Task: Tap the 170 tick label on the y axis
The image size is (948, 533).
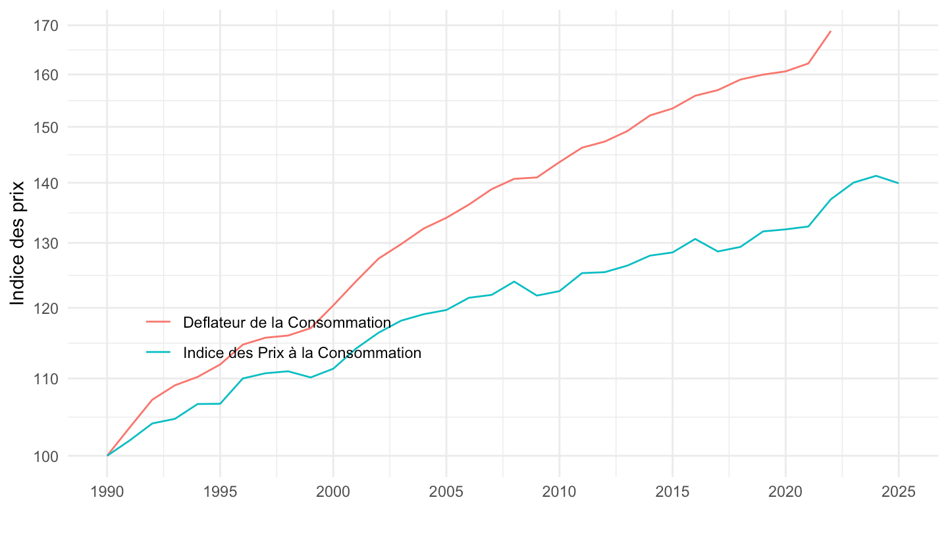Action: point(47,26)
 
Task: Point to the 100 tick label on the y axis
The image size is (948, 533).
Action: point(47,456)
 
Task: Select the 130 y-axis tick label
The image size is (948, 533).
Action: point(47,243)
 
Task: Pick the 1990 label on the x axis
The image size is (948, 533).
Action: point(107,493)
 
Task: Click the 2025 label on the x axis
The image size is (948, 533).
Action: point(899,493)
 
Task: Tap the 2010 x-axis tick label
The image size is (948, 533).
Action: point(559,493)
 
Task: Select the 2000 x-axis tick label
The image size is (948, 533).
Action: point(333,493)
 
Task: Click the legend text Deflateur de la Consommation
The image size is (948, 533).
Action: point(287,322)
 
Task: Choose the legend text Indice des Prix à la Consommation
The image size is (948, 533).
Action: point(302,353)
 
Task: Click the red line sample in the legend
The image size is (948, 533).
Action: point(158,322)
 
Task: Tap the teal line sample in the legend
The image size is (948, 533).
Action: point(158,353)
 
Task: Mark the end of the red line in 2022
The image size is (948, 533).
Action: point(831,31)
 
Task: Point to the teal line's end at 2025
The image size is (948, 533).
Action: point(899,183)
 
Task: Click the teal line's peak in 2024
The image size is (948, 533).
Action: point(876,176)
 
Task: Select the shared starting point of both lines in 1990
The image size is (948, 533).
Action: point(107,455)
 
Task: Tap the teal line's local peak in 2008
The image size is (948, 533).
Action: point(514,282)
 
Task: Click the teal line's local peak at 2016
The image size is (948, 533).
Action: point(695,239)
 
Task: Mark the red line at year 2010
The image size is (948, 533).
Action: point(559,162)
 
